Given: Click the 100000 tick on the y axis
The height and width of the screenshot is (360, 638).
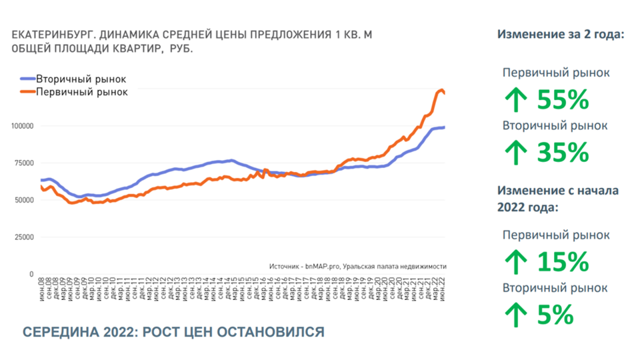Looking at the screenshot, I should pyautogui.click(x=22, y=126).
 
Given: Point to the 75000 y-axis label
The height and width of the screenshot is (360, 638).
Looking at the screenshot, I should pyautogui.click(x=24, y=163).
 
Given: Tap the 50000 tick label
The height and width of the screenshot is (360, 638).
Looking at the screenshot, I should pyautogui.click(x=24, y=200).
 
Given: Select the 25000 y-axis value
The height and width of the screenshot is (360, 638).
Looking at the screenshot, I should pyautogui.click(x=24, y=237).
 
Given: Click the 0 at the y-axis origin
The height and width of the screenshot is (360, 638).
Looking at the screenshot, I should pyautogui.click(x=31, y=274).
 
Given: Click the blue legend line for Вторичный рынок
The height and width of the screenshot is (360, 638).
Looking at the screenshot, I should pyautogui.click(x=27, y=79).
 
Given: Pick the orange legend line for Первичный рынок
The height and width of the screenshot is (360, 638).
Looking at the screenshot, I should pyautogui.click(x=27, y=92).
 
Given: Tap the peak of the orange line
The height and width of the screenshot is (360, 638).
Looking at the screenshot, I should pyautogui.click(x=441, y=89).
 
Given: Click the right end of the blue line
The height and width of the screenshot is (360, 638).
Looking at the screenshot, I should pyautogui.click(x=445, y=127).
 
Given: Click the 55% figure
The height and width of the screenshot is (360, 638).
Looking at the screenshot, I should pyautogui.click(x=563, y=100).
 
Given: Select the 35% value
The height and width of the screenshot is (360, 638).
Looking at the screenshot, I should pyautogui.click(x=563, y=153).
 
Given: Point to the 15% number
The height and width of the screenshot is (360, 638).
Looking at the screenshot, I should pyautogui.click(x=563, y=262).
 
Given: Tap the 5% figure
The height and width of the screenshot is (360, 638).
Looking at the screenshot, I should pyautogui.click(x=555, y=315).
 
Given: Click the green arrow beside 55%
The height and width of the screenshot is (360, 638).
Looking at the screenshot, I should pyautogui.click(x=516, y=101).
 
